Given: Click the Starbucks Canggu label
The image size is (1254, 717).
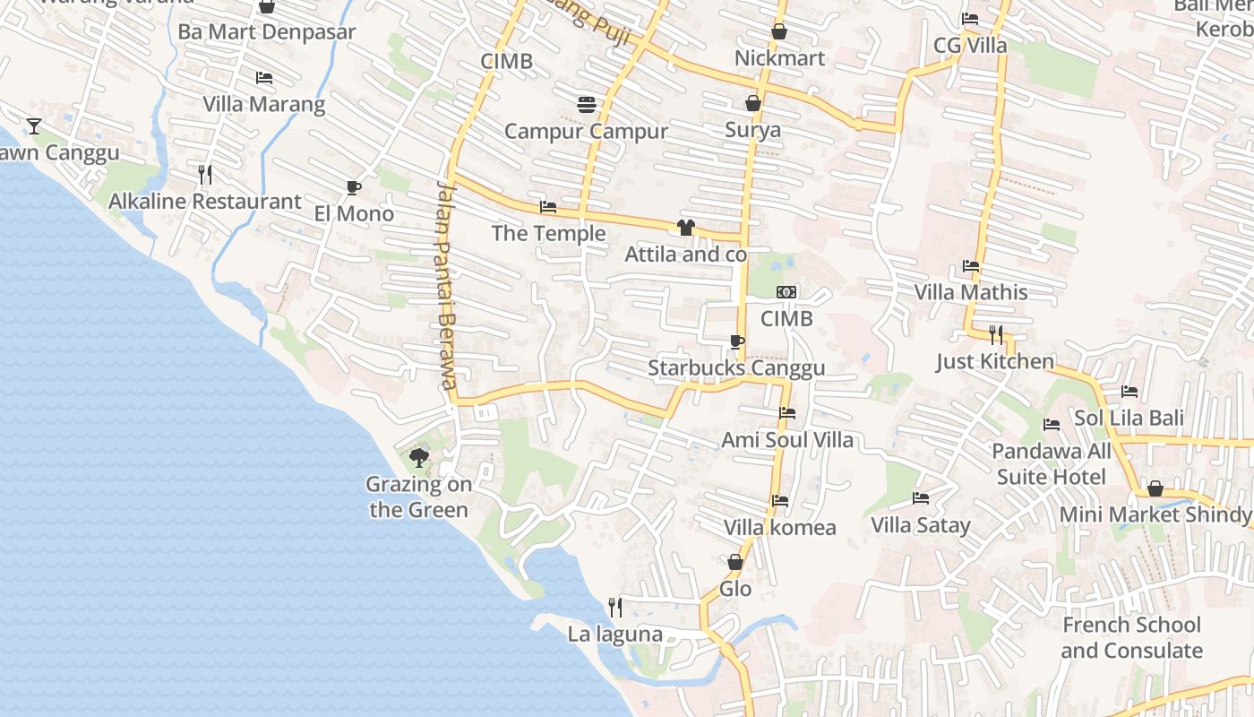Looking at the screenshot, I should click(x=736, y=368).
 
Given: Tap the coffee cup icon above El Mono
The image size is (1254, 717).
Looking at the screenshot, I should click(x=353, y=187).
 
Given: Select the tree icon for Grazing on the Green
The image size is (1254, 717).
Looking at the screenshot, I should click(x=418, y=459).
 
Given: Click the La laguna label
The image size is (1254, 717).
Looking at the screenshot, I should click(x=615, y=635).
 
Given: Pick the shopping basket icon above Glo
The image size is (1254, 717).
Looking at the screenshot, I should click(x=735, y=562).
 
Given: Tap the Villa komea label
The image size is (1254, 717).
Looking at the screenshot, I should click(x=779, y=527).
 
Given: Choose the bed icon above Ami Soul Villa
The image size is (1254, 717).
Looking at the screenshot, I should click(x=787, y=413).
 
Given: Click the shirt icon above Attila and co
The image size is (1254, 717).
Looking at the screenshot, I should click(x=686, y=228).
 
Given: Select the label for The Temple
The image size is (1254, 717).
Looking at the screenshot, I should click(x=548, y=234).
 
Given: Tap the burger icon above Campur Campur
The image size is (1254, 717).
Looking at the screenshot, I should click(x=587, y=105).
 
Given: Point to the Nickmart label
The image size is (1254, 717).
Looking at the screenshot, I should click(x=779, y=58).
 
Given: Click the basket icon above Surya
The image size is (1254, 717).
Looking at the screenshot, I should click(x=753, y=103).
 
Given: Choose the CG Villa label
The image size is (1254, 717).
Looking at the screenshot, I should click(x=970, y=45).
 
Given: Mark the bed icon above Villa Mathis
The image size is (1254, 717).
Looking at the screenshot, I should click(x=971, y=266).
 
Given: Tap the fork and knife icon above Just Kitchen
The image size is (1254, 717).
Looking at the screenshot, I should click(x=996, y=335).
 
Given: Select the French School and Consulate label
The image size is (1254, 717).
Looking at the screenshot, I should click(x=1131, y=637).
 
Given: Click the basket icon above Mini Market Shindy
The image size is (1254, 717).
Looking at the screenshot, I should click(x=1155, y=488).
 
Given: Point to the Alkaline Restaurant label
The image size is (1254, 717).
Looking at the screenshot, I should click(x=205, y=202).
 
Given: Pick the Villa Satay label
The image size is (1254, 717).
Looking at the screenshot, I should click(x=921, y=525).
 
